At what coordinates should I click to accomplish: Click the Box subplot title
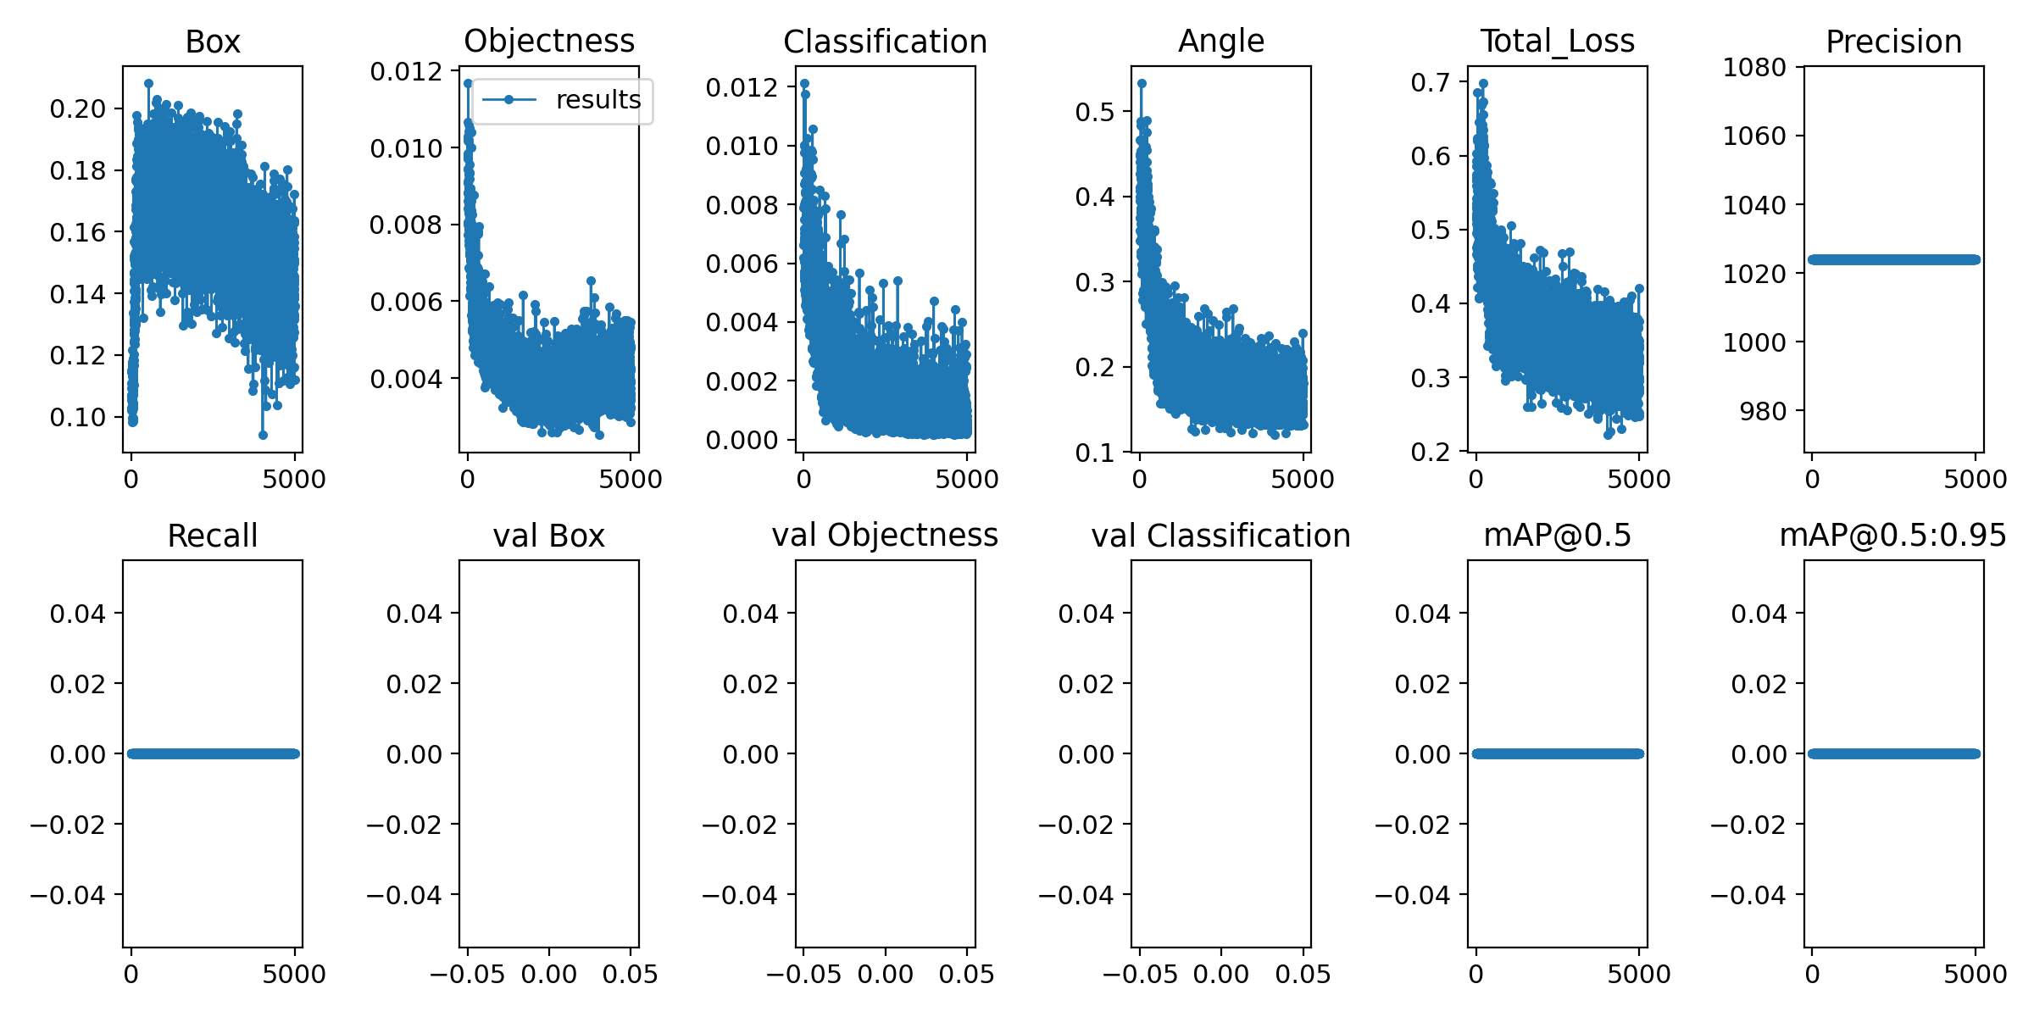213,42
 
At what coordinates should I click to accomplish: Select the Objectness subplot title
549,41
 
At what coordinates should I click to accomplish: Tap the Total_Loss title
1557,41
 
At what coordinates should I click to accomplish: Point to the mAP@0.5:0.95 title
1892,535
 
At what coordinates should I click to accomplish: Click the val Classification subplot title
1220,536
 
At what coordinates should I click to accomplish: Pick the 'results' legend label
598,100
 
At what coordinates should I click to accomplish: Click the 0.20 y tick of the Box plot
78,108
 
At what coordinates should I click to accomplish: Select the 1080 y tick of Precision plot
1754,67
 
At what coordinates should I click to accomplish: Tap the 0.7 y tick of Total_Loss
1431,82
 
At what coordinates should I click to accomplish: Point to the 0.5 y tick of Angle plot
1095,112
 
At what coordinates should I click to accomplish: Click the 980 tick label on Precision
1763,411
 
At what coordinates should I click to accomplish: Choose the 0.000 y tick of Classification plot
742,440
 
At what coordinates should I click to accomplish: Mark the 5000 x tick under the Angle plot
1303,480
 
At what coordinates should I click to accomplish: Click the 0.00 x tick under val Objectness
885,975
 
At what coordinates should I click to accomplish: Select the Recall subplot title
213,536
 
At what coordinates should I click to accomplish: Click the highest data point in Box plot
148,84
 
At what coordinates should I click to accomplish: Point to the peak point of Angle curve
1142,84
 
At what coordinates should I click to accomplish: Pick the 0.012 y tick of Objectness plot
406,71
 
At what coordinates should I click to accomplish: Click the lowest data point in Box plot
263,435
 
